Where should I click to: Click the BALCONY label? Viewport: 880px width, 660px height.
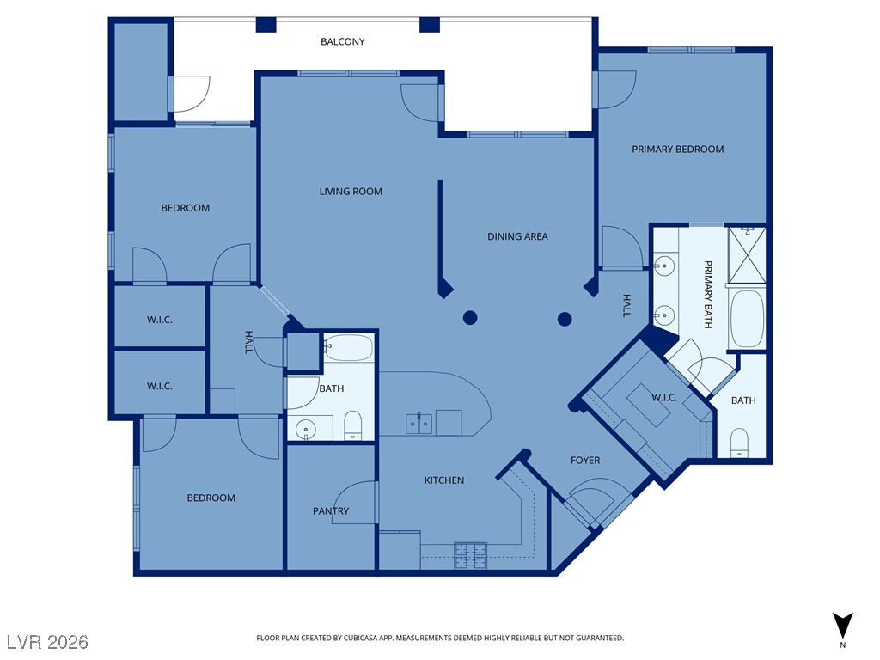coord(342,41)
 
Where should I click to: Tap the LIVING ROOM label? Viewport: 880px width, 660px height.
coord(351,192)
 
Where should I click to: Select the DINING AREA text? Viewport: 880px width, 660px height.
coord(517,236)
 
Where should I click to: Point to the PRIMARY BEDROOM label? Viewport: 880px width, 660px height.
coord(677,150)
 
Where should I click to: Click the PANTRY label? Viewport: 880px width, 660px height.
coord(331,510)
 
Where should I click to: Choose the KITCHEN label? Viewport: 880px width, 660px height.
coord(444,480)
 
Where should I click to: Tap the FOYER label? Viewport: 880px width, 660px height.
coord(584,461)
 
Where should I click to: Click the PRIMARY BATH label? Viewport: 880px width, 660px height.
coord(708,294)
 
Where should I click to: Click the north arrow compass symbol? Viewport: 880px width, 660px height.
coord(842,626)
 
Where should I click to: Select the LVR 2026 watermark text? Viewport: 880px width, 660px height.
coord(48,641)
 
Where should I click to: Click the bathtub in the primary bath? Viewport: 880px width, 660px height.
coord(747,320)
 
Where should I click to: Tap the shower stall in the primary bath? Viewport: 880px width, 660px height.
coord(747,254)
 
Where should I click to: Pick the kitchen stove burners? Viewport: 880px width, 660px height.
coord(470,556)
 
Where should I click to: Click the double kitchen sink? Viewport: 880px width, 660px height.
coord(419,424)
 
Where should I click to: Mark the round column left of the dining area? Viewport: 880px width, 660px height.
coord(470,318)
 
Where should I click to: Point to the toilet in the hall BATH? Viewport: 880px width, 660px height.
coord(352,425)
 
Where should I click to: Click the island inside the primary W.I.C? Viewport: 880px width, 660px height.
coord(648,406)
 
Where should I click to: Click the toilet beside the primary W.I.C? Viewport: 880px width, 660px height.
coord(739,443)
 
